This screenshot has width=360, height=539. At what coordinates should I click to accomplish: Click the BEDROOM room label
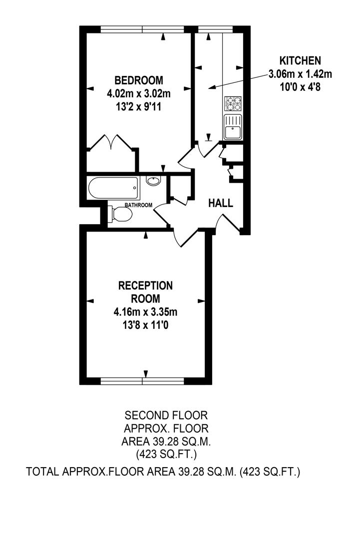tap(138, 80)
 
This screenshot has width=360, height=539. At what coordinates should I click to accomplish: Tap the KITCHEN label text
tap(300, 61)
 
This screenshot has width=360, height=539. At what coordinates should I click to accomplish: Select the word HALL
tap(221, 203)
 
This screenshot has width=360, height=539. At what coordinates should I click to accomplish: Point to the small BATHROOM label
tap(138, 205)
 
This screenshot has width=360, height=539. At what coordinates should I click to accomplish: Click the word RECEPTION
tap(145, 286)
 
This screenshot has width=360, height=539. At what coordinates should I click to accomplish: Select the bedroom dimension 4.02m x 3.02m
tap(138, 93)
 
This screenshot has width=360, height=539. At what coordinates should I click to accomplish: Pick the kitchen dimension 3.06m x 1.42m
tap(300, 74)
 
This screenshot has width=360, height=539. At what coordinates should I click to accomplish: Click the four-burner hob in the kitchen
tap(232, 104)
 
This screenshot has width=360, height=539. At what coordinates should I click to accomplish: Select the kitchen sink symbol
tap(232, 127)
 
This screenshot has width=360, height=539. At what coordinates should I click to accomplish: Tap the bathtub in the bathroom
tap(113, 188)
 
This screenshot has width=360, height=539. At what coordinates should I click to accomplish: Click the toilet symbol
tap(120, 215)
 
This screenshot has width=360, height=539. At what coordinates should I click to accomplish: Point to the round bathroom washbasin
tap(153, 181)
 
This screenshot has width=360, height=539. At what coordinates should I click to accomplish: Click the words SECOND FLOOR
tap(166, 415)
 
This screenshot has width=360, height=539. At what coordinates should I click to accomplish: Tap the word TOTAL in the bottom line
tap(42, 472)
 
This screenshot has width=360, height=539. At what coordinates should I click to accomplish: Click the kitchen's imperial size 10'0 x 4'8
tap(300, 87)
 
